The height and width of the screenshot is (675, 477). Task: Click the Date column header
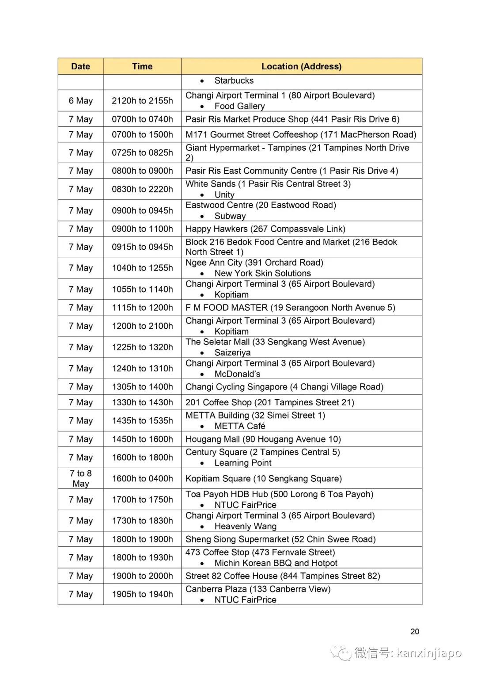tap(80, 66)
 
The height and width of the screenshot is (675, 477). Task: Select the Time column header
tap(142, 66)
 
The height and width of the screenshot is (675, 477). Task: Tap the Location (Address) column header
tap(301, 66)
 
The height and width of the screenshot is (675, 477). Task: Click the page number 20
tap(414, 631)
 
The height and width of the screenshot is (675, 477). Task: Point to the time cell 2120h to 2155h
tap(142, 101)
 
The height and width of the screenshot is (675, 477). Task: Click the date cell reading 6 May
tap(80, 101)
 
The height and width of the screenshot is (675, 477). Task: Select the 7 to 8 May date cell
tap(80, 478)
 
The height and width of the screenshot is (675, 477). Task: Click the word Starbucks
tap(234, 80)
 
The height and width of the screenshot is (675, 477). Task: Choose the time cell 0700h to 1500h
tap(142, 134)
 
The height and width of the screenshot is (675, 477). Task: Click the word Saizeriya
tap(232, 353)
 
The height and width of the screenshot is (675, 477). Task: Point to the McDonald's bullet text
tap(237, 374)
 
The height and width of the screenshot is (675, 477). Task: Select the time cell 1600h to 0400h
tap(142, 478)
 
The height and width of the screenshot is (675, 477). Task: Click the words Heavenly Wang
tap(245, 526)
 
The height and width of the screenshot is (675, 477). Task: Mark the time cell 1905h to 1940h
tap(142, 594)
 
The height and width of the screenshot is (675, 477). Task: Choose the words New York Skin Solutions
tap(262, 273)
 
